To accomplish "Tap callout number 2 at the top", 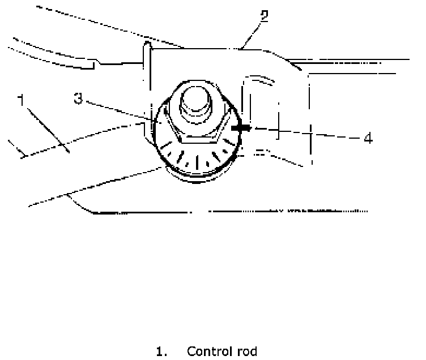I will click(x=264, y=15).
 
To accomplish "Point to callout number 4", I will click(x=368, y=138).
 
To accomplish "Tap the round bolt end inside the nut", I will click(x=197, y=102).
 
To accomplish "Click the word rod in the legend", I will click(x=245, y=352).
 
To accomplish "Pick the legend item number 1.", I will click(x=162, y=352).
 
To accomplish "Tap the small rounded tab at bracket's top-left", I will click(x=146, y=48).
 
